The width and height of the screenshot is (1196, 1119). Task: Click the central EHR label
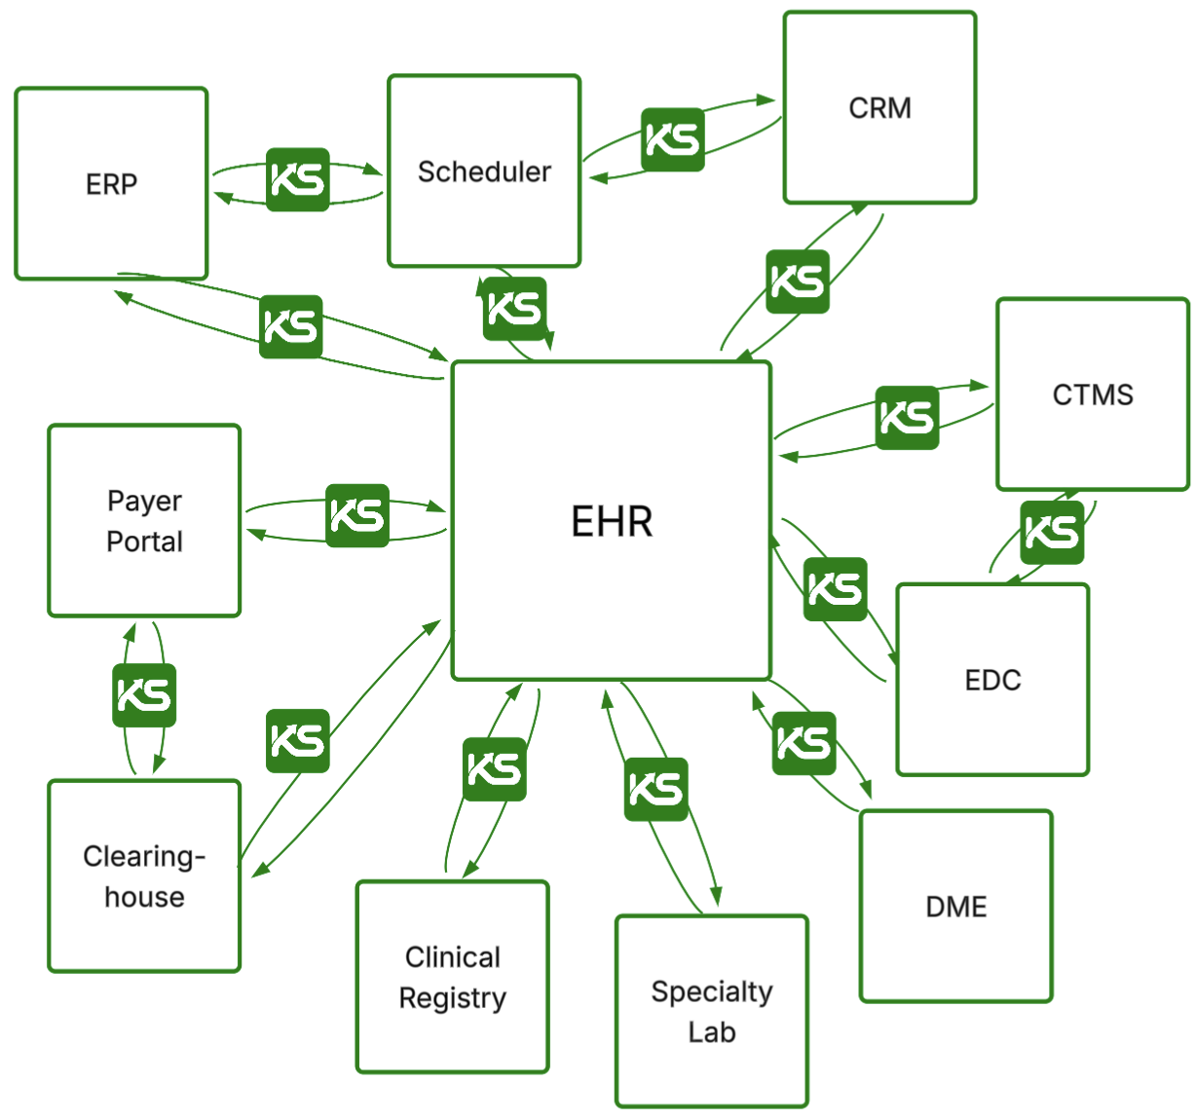[612, 522]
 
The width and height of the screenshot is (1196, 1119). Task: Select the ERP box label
[111, 184]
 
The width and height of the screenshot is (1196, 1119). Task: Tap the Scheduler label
[484, 171]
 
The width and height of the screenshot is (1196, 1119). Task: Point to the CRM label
[879, 108]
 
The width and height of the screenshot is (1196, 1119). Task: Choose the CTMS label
[1093, 394]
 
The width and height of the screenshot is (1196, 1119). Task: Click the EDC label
[992, 680]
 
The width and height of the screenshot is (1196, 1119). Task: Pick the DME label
[955, 907]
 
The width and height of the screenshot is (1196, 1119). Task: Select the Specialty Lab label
[712, 1011]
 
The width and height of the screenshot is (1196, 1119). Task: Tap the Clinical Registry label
[453, 977]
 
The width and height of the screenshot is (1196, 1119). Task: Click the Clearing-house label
[144, 876]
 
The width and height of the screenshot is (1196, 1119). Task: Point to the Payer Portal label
[144, 521]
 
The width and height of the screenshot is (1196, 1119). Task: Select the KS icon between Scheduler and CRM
[673, 140]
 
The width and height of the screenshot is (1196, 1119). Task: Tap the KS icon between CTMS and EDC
[1052, 533]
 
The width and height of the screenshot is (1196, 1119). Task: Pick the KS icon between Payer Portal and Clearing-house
[144, 695]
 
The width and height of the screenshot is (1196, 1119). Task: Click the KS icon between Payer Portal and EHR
[357, 515]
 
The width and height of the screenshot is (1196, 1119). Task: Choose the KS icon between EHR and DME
[804, 744]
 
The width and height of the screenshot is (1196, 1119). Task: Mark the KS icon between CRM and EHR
[798, 282]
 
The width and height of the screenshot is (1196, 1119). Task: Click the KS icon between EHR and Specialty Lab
[656, 790]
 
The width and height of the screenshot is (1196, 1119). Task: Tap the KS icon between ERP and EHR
[291, 327]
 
